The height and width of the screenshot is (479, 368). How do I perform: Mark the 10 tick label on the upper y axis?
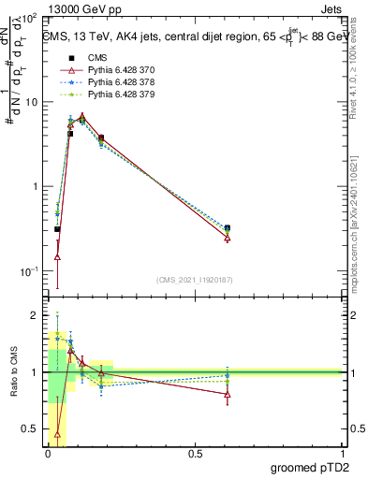pos(32,102)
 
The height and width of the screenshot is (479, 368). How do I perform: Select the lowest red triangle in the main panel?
pos(58,256)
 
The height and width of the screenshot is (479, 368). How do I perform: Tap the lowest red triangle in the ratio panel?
pos(58,433)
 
